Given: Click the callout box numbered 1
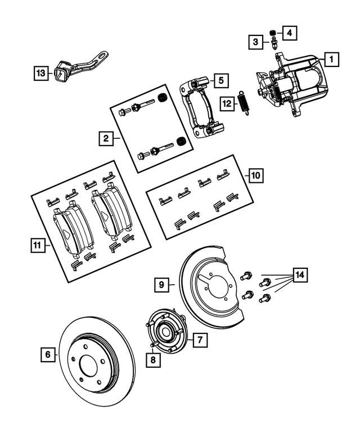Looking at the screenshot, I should point(332,58).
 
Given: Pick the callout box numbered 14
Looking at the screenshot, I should point(300,275).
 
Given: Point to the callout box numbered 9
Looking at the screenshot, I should point(161,285).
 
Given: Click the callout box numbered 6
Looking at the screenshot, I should point(48,354).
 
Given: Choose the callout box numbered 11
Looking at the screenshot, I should point(37,245).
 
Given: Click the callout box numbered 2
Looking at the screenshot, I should point(105,137).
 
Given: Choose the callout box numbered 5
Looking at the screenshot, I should point(220,81).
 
